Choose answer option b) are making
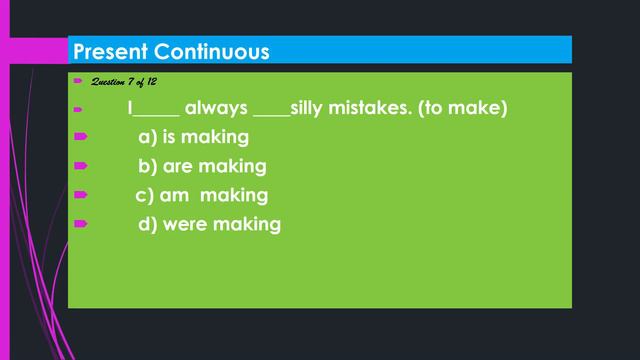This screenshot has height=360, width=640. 202,166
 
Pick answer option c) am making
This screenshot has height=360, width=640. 201,195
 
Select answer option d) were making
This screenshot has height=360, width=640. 209,224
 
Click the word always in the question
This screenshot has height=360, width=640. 216,107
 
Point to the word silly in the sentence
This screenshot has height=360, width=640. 310,107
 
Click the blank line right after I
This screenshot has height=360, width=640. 157,112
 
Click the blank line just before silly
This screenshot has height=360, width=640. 271,112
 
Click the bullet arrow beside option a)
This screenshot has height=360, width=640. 80,136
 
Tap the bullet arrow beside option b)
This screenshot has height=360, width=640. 80,165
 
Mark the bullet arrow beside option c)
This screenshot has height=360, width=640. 80,194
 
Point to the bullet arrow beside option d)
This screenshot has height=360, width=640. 80,223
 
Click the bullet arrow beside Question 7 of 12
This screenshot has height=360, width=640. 77,80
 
